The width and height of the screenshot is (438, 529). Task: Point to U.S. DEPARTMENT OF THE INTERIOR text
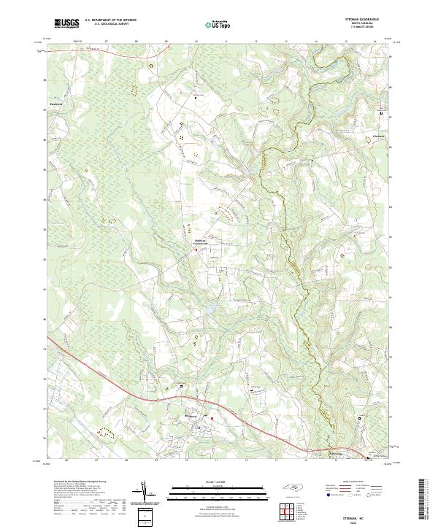[111, 20]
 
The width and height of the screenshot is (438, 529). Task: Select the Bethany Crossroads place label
[201, 242]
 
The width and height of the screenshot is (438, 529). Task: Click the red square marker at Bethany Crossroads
[195, 250]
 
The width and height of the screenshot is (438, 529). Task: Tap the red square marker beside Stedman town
[212, 418]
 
